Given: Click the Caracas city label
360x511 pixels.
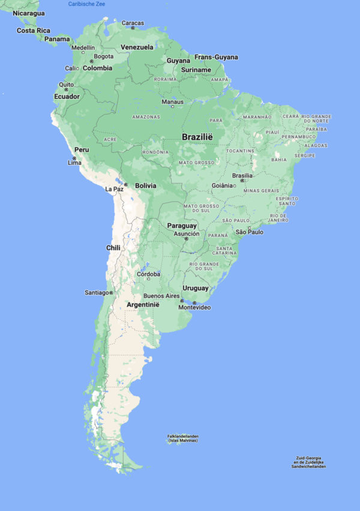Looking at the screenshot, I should pos(133,23).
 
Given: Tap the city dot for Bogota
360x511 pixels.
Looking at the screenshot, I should pos(92,61).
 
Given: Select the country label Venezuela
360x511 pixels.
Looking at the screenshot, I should pos(137,47).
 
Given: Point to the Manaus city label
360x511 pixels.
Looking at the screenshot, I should pos(172,101).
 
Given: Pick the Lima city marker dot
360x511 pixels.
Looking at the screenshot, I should pos(74,158).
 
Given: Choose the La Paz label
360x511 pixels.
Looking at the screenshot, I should pos(114,189).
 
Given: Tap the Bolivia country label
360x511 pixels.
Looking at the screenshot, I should pos(145,185).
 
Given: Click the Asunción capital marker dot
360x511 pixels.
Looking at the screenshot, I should pos(187,239).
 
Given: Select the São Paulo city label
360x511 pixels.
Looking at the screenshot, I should pos(250,232).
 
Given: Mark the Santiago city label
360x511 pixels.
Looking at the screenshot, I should pos(97,293).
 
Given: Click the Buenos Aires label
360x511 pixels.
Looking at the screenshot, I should pos(161,296).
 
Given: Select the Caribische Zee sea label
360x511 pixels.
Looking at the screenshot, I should pos(86,4).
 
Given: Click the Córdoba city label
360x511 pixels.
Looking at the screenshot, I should pos(149,274).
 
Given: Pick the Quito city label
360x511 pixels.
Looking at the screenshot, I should pos(66,85).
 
